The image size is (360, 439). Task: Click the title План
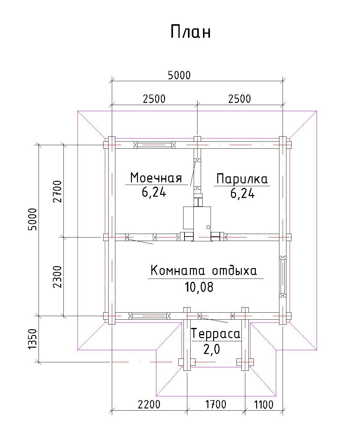191,32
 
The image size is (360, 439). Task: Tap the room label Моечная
156,178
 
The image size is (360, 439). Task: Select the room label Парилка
242,179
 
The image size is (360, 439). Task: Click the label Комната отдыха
204,271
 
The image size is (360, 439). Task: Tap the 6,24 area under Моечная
154,192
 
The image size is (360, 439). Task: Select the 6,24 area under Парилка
242,193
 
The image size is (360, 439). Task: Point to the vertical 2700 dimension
57,192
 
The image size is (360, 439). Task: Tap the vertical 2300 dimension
57,277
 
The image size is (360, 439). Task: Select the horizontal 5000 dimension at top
179,75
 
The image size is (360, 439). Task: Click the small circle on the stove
208,227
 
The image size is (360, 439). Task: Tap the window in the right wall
283,276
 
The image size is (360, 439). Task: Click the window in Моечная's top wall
155,145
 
